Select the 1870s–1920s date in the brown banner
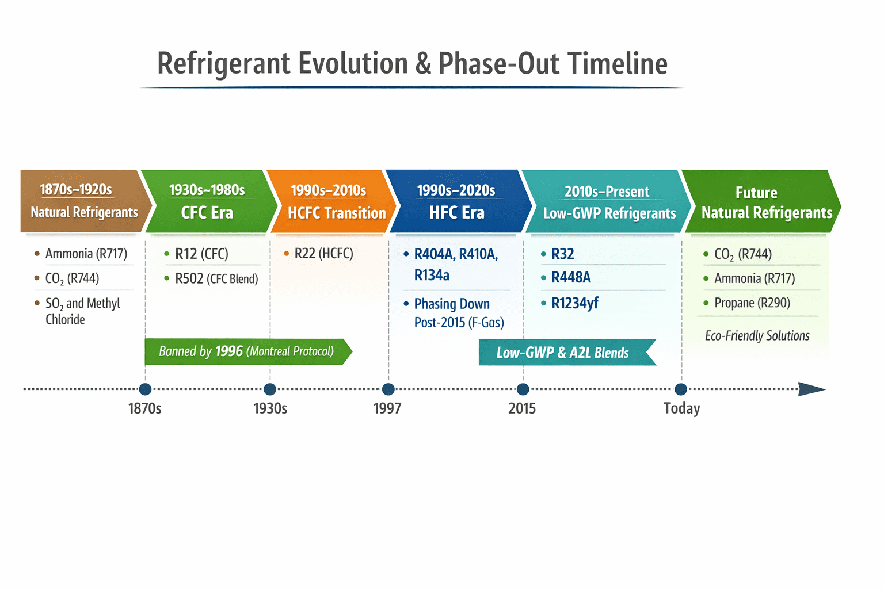click(76, 190)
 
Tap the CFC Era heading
click(207, 213)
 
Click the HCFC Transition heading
click(337, 213)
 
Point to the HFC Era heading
click(456, 213)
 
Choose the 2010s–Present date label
click(607, 192)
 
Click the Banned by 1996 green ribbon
click(246, 351)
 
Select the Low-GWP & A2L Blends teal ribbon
click(563, 353)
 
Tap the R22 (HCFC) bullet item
click(323, 254)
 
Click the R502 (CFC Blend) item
click(216, 279)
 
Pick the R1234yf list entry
click(574, 303)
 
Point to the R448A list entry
click(570, 278)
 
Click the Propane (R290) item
click(752, 303)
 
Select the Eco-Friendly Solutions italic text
click(757, 336)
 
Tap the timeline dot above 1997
click(388, 389)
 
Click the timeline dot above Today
click(681, 389)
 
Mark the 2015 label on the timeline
click(522, 408)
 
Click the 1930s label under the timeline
click(270, 408)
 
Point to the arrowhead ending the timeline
click(812, 389)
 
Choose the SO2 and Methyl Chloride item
click(82, 311)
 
